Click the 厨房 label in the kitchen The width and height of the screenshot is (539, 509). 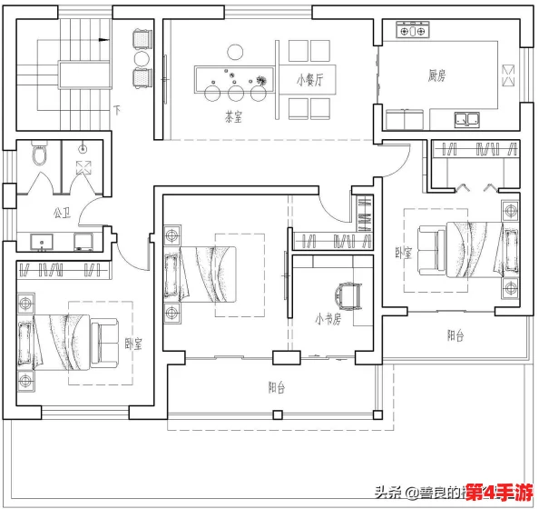point(436,75)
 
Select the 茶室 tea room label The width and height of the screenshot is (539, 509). point(233,116)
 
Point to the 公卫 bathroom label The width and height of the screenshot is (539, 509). point(62,215)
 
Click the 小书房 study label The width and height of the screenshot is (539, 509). point(328,319)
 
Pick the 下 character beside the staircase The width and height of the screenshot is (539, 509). point(117,111)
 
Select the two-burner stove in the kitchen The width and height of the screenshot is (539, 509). point(411,31)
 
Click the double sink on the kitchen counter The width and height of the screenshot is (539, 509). point(467,118)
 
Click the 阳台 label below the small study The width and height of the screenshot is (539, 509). point(278,388)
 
